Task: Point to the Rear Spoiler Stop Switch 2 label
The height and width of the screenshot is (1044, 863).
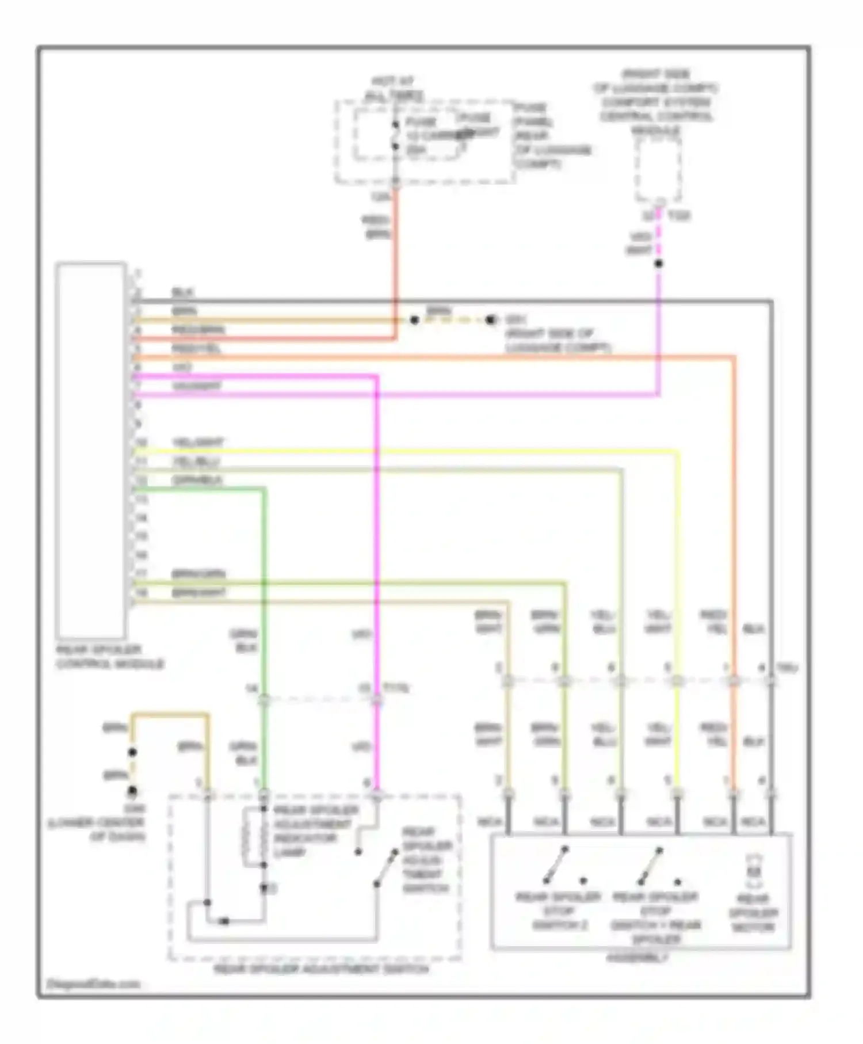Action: click(x=559, y=910)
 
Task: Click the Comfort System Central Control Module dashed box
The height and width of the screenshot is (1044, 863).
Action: click(x=658, y=170)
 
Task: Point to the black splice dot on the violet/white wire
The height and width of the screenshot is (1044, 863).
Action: click(x=659, y=264)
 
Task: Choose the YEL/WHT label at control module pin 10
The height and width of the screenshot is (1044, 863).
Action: click(x=197, y=443)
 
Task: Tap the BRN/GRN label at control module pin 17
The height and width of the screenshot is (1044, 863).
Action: click(x=198, y=574)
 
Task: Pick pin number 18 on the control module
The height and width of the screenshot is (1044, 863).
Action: click(x=141, y=592)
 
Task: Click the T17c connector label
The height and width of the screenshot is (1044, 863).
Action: click(x=396, y=688)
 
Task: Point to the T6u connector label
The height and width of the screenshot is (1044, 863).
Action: click(x=786, y=668)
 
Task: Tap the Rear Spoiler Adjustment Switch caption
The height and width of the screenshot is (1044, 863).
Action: click(x=321, y=969)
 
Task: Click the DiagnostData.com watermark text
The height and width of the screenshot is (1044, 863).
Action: click(x=93, y=984)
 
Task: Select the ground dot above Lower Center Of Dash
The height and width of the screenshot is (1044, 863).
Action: click(x=132, y=791)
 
